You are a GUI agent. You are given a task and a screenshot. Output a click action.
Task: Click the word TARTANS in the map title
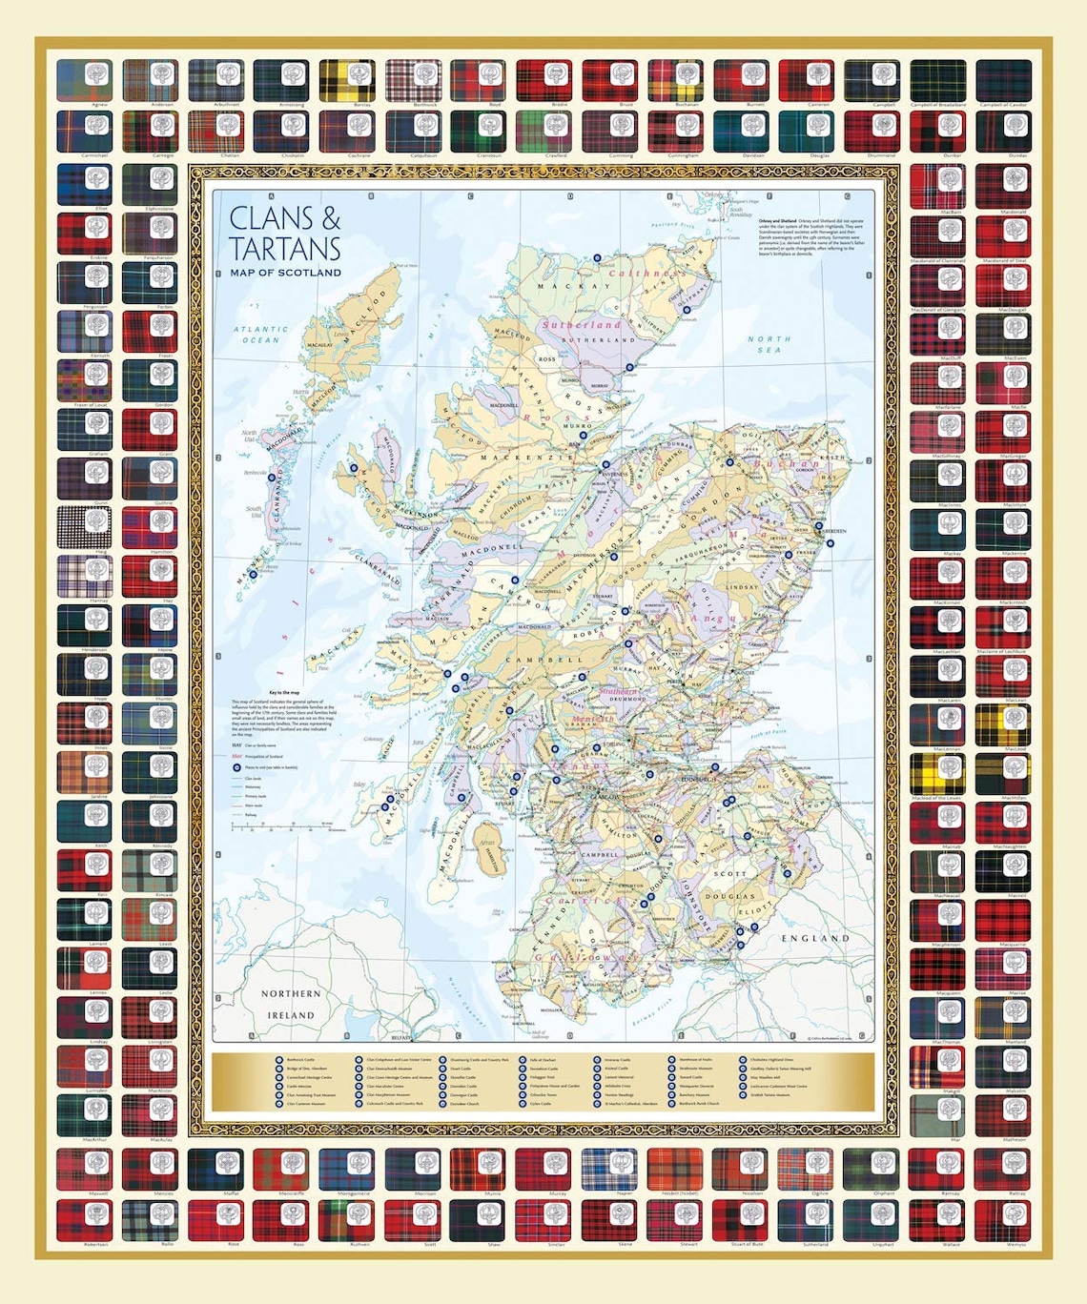284,249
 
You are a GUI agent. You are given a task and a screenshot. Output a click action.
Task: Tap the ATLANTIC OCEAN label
260,335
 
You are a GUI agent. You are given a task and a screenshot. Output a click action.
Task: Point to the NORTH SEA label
769,344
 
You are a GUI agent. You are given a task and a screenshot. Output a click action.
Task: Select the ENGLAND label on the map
815,938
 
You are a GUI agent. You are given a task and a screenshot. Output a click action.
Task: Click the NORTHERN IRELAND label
291,1005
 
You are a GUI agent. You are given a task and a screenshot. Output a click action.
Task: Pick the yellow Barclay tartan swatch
347,79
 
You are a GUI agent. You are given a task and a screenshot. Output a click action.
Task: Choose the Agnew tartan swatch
84,79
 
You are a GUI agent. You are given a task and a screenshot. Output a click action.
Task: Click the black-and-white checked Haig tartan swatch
84,526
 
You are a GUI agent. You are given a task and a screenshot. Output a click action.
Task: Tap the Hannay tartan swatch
84,576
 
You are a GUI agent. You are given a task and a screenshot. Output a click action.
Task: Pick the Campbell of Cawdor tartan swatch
1003,79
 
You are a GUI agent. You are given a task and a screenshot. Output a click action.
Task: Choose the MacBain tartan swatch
937,186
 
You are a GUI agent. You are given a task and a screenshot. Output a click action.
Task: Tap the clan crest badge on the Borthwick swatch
425,72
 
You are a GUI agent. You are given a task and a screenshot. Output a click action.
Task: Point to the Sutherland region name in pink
582,324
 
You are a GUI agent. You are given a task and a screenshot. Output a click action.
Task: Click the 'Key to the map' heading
284,692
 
